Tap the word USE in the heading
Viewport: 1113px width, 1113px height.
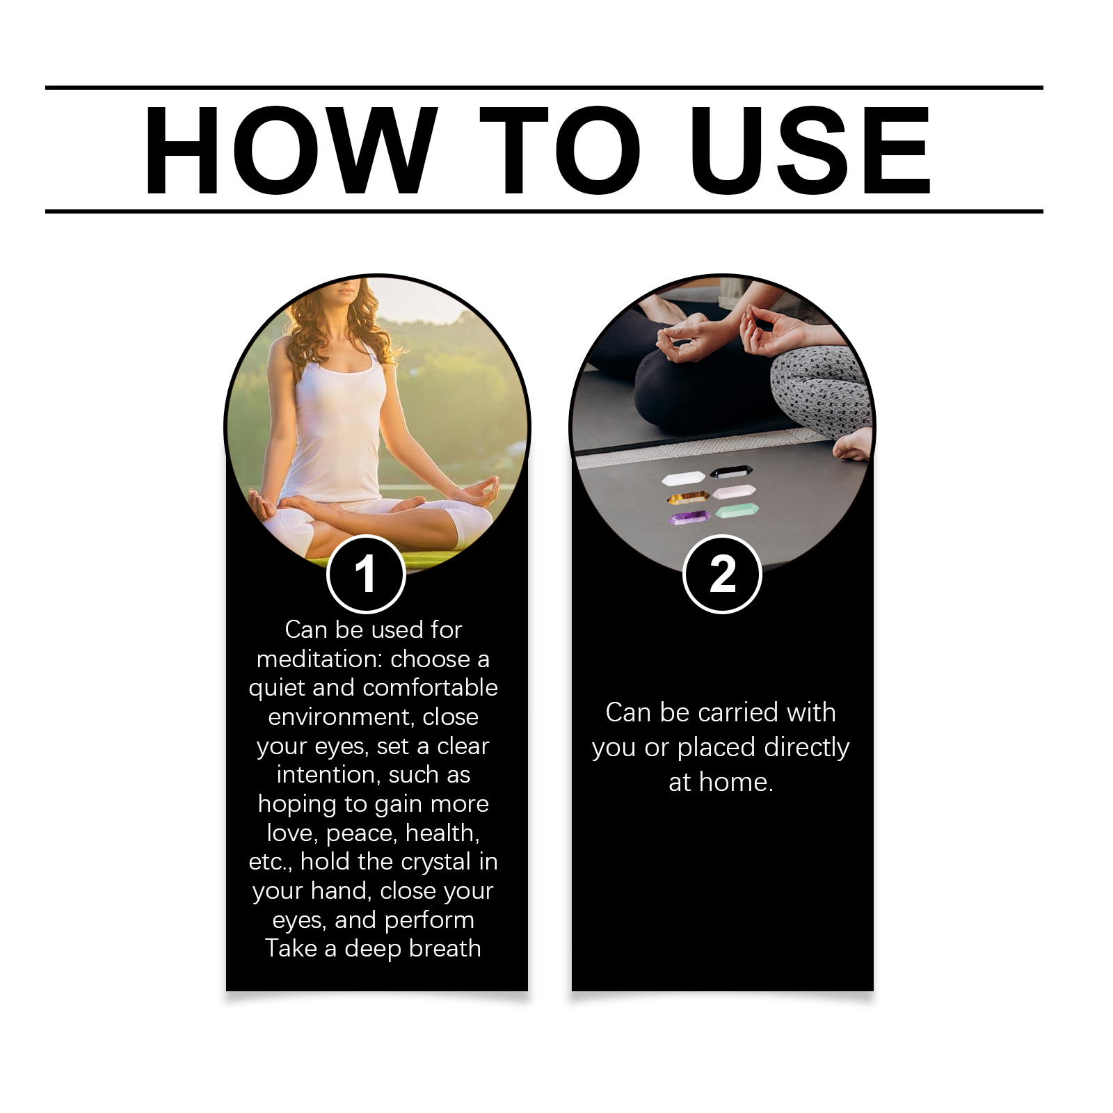810,150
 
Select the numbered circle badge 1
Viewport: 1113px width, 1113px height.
366,574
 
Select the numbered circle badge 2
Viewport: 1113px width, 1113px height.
723,574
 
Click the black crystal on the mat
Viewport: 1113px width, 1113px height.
731,472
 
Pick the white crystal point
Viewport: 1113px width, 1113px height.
683,479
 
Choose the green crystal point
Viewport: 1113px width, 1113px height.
737,511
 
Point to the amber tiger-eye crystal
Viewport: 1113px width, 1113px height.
688,497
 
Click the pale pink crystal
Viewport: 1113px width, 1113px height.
735,491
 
